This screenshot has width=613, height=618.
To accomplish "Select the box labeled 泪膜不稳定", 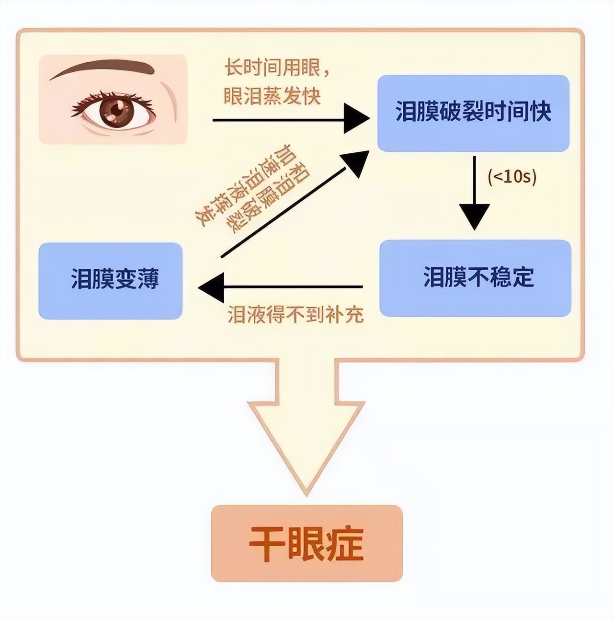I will pyautogui.click(x=475, y=278).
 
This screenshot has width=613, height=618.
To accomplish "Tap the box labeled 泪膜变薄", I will pyautogui.click(x=110, y=281).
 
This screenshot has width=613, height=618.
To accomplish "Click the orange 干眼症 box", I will pyautogui.click(x=306, y=543).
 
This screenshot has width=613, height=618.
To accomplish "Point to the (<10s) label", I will pyautogui.click(x=512, y=177).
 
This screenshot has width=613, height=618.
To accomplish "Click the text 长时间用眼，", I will pyautogui.click(x=277, y=68).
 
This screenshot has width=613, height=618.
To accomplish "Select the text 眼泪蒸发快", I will pyautogui.click(x=272, y=96).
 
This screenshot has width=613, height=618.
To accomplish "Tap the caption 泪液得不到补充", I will pyautogui.click(x=295, y=315).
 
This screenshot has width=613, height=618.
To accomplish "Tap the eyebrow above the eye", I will pyautogui.click(x=103, y=69).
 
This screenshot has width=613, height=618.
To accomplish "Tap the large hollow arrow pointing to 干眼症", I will pyautogui.click(x=306, y=422).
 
